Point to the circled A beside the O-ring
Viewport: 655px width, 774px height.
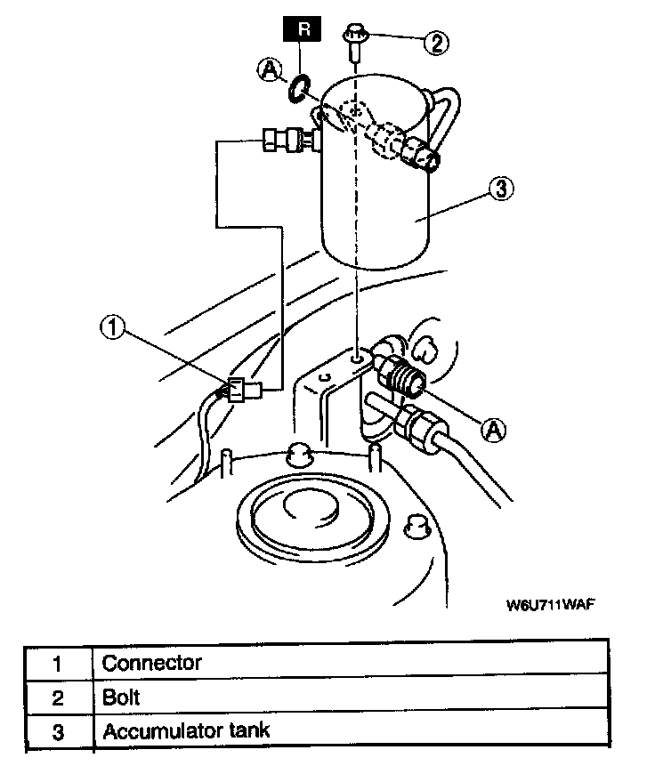click(x=270, y=68)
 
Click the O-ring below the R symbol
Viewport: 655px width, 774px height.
click(x=299, y=86)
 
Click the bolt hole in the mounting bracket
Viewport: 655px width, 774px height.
click(x=357, y=358)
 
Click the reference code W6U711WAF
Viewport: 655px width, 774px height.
click(x=550, y=605)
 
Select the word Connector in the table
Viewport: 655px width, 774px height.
click(x=151, y=663)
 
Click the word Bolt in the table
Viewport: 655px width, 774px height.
click(x=121, y=697)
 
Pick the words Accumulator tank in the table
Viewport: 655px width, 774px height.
click(x=186, y=731)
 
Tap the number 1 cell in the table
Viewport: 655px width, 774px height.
click(x=58, y=664)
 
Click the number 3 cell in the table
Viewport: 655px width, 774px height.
click(x=58, y=732)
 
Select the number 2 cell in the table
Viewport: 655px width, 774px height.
click(x=58, y=697)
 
